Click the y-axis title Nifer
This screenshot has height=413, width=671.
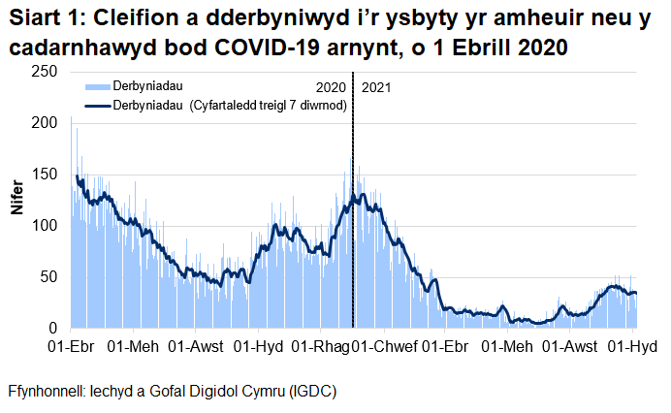(x=16, y=200)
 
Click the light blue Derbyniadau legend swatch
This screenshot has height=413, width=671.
(x=98, y=87)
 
